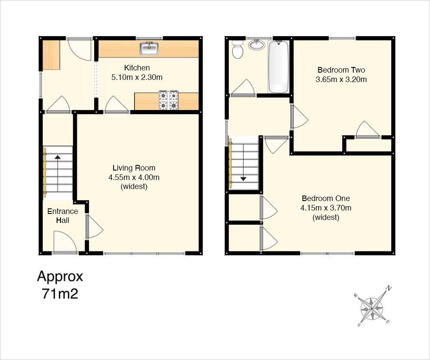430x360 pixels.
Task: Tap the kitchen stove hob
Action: tap(169, 101)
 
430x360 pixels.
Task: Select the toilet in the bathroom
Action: tap(237, 49)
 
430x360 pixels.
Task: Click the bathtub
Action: tap(279, 67)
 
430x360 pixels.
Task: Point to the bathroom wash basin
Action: tap(257, 44)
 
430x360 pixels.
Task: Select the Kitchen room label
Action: tap(137, 68)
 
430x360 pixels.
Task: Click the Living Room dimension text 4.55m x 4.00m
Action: tap(134, 177)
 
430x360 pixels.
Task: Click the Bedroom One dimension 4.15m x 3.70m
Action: tap(326, 208)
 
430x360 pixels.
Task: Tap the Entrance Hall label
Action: tap(62, 216)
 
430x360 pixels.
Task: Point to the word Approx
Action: tap(60, 276)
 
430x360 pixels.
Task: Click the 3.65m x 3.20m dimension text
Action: tap(342, 79)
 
